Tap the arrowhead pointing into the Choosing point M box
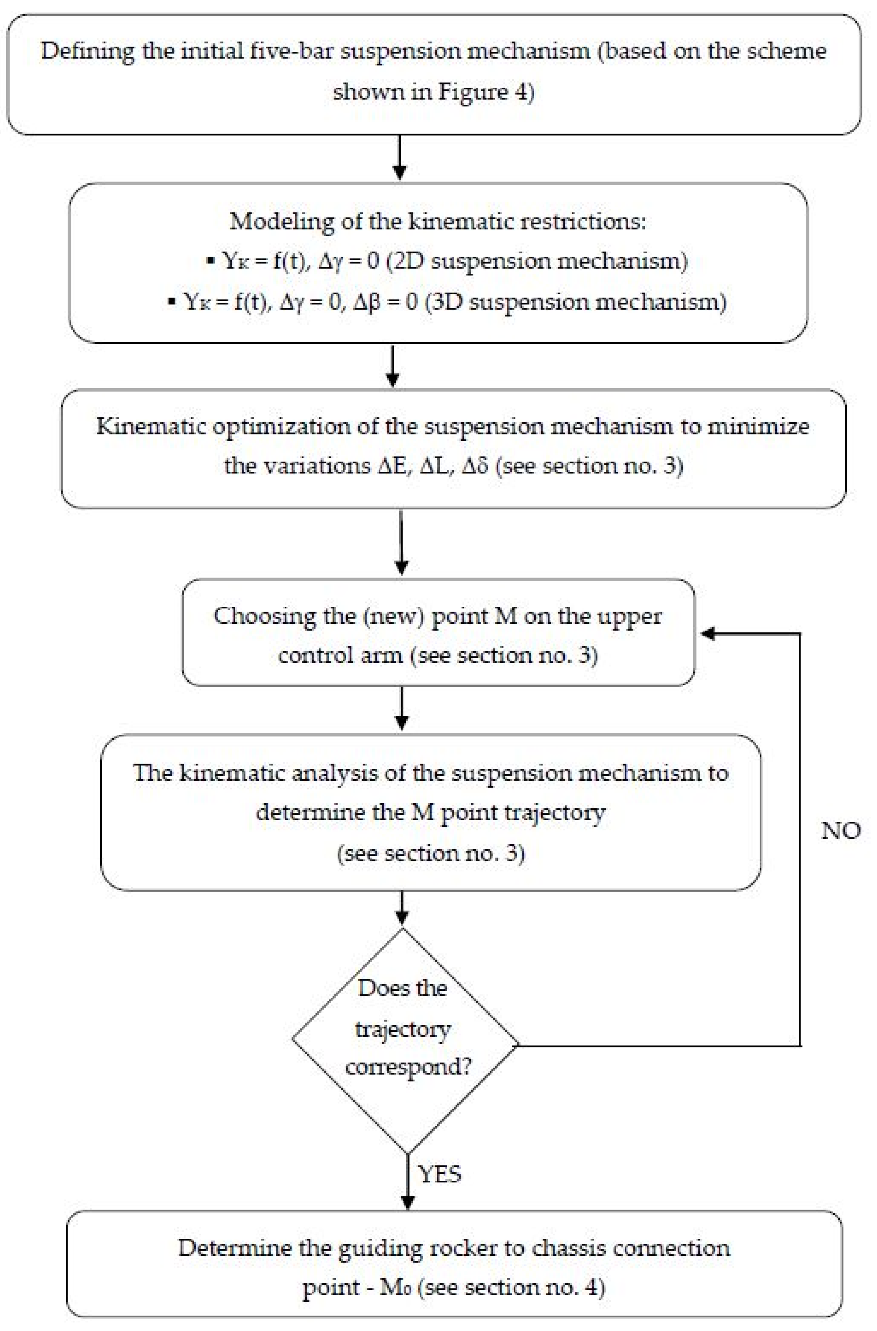click(x=708, y=633)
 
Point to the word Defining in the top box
click(x=87, y=51)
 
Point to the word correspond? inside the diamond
click(x=408, y=1067)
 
